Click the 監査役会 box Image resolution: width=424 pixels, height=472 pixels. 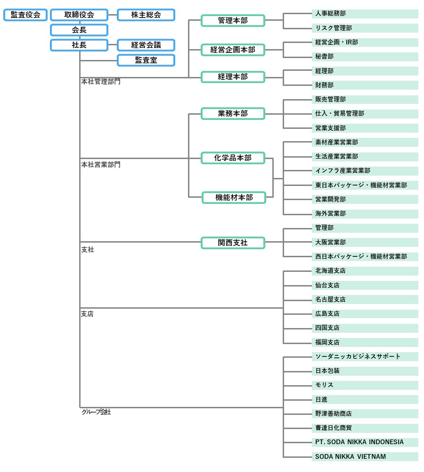[x=25, y=15]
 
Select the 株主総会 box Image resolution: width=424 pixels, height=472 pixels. [x=146, y=15]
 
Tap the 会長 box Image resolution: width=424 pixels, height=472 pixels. [x=79, y=30]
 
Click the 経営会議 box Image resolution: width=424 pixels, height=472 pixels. [x=146, y=45]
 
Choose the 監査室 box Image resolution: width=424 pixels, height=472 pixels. [x=146, y=60]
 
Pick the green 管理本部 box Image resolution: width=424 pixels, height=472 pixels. [x=233, y=20]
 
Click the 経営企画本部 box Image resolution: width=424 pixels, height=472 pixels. [x=233, y=50]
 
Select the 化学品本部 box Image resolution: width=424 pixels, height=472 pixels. [x=233, y=158]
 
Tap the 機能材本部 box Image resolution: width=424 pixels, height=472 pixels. [x=234, y=197]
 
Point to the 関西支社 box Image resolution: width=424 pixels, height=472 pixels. [x=233, y=243]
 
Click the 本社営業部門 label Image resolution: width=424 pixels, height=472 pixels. [x=101, y=164]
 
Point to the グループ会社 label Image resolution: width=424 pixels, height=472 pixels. [x=96, y=412]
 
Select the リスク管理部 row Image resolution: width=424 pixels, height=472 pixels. [x=365, y=28]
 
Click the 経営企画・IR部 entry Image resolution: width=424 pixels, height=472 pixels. [x=365, y=42]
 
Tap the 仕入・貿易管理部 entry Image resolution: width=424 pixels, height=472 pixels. [x=365, y=113]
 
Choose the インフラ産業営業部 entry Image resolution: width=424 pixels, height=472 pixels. [x=365, y=171]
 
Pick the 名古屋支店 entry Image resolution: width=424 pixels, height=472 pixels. [x=365, y=299]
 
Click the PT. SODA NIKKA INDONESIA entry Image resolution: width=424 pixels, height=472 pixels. [x=365, y=442]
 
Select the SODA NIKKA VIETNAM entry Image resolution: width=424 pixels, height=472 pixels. [x=365, y=456]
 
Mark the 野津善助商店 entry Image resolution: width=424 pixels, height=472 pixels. [x=365, y=413]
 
